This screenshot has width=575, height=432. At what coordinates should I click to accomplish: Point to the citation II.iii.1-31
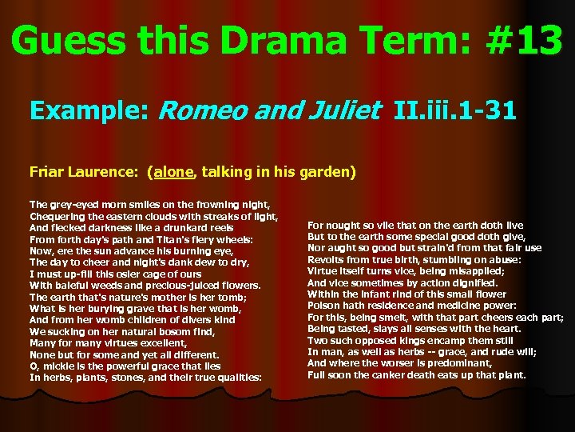click(x=454, y=110)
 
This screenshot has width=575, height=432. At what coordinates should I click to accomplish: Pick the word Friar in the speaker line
click(x=46, y=171)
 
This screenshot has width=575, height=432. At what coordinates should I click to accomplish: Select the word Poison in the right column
click(x=324, y=305)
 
